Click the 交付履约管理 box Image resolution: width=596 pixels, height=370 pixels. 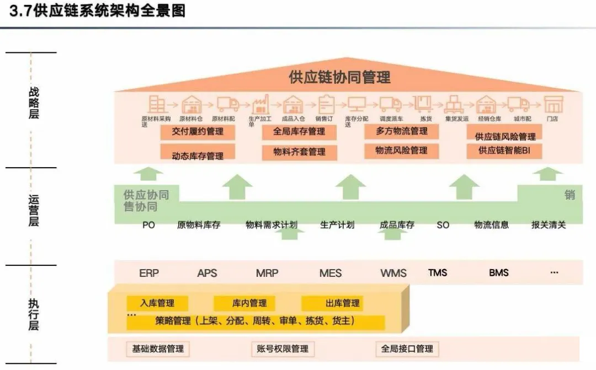[198, 132]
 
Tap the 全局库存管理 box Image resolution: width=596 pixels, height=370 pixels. [299, 132]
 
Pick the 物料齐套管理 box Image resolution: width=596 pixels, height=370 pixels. [299, 152]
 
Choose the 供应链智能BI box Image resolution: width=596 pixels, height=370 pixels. [504, 150]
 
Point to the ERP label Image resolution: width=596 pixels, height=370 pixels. [150, 273]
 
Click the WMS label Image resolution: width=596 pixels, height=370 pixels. [393, 273]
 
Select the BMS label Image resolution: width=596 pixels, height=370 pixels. [499, 272]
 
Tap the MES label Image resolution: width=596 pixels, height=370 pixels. [331, 273]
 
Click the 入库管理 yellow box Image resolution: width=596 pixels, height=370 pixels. [157, 303]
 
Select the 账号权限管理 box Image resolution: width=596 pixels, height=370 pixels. [283, 348]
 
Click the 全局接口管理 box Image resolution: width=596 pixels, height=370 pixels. [407, 348]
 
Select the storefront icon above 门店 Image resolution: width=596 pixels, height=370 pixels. [554, 104]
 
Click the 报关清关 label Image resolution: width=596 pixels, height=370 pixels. [549, 225]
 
